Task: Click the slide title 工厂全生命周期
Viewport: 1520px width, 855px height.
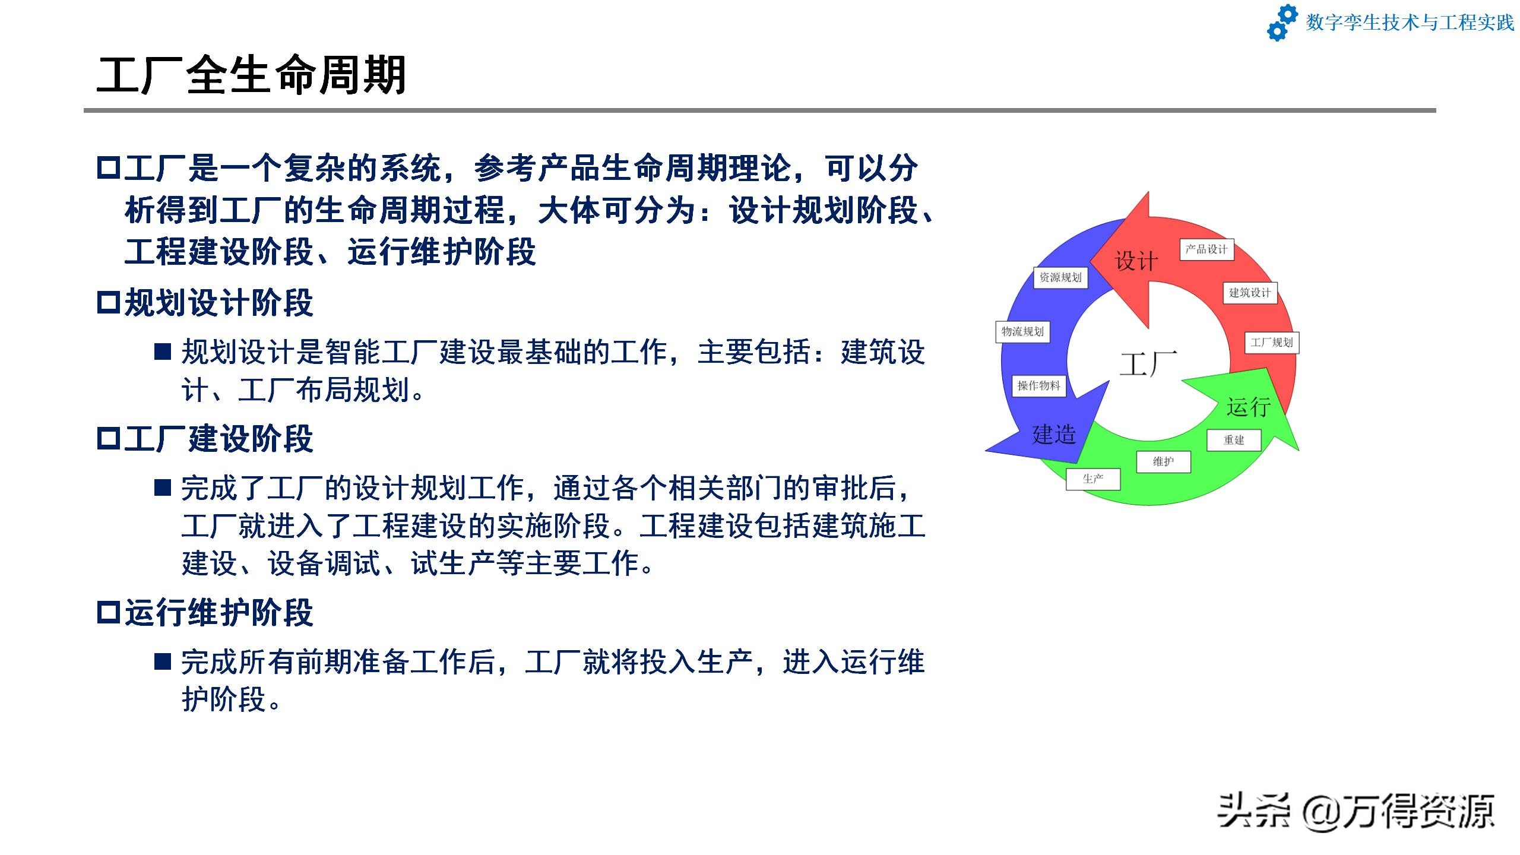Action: pyautogui.click(x=251, y=75)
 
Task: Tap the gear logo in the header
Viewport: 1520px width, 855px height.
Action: pyautogui.click(x=1282, y=23)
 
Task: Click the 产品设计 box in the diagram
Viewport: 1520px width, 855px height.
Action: pyautogui.click(x=1206, y=249)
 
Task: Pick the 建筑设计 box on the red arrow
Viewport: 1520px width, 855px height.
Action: pyautogui.click(x=1250, y=293)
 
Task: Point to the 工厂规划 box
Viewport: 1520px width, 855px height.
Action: pyautogui.click(x=1272, y=343)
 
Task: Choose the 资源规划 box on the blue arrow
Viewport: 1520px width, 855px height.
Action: pyautogui.click(x=1060, y=277)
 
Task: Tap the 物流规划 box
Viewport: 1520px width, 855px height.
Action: pyautogui.click(x=1022, y=331)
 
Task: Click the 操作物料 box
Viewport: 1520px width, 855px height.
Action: pyautogui.click(x=1039, y=386)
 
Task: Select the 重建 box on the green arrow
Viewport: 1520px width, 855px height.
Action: pyautogui.click(x=1234, y=440)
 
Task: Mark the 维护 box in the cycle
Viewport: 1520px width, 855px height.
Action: pyautogui.click(x=1164, y=462)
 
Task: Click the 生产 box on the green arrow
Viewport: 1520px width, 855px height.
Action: pyautogui.click(x=1093, y=479)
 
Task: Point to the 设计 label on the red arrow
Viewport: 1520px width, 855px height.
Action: pyautogui.click(x=1136, y=261)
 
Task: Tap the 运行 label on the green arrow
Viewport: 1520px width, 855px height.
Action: pyautogui.click(x=1249, y=407)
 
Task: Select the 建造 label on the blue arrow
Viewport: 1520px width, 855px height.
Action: pyautogui.click(x=1054, y=435)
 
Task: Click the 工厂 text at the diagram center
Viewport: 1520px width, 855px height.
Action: pyautogui.click(x=1148, y=364)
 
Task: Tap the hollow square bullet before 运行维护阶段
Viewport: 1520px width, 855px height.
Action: pyautogui.click(x=109, y=613)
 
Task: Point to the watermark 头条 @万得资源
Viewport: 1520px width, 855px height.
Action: pyautogui.click(x=1356, y=811)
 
